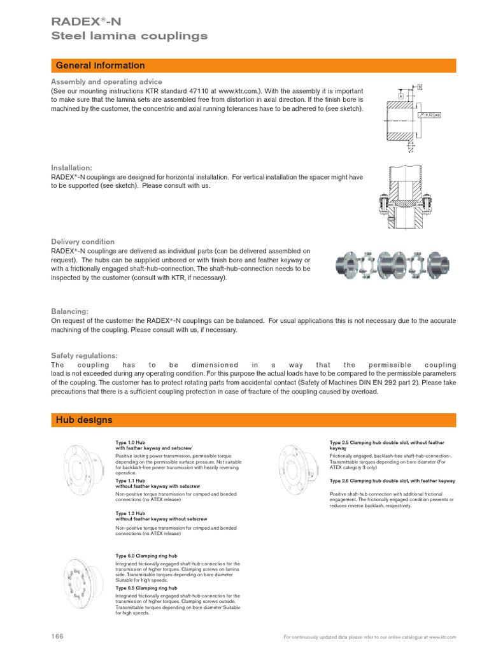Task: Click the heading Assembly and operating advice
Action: (106, 82)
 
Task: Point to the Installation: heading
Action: (72, 167)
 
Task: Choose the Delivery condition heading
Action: (83, 242)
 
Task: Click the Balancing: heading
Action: (71, 311)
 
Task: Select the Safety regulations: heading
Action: (84, 355)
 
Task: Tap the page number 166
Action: (57, 636)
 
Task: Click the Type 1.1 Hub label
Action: (131, 481)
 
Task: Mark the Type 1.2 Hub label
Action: (131, 513)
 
